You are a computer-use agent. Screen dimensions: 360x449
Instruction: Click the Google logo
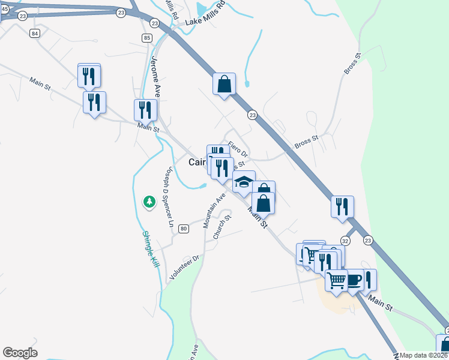pyautogui.click(x=20, y=353)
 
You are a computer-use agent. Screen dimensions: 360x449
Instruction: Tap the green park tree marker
pyautogui.click(x=149, y=202)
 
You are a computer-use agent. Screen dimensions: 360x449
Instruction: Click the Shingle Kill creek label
pyautogui.click(x=149, y=249)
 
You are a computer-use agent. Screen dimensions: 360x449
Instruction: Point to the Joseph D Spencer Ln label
pyautogui.click(x=169, y=197)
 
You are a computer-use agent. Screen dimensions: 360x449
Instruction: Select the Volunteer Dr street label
pyautogui.click(x=184, y=266)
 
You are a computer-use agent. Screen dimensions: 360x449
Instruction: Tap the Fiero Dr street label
pyautogui.click(x=238, y=149)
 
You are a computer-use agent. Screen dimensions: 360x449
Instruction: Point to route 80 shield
pyautogui.click(x=184, y=229)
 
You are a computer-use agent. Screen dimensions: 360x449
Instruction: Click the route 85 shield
pyautogui.click(x=147, y=38)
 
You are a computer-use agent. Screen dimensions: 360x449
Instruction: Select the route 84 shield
pyautogui.click(x=35, y=34)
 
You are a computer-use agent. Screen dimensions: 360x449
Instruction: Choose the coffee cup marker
pyautogui.click(x=354, y=280)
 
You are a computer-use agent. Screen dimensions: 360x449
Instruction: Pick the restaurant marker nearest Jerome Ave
pyautogui.click(x=145, y=110)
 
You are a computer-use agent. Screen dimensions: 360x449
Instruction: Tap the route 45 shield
pyautogui.click(x=4, y=9)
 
